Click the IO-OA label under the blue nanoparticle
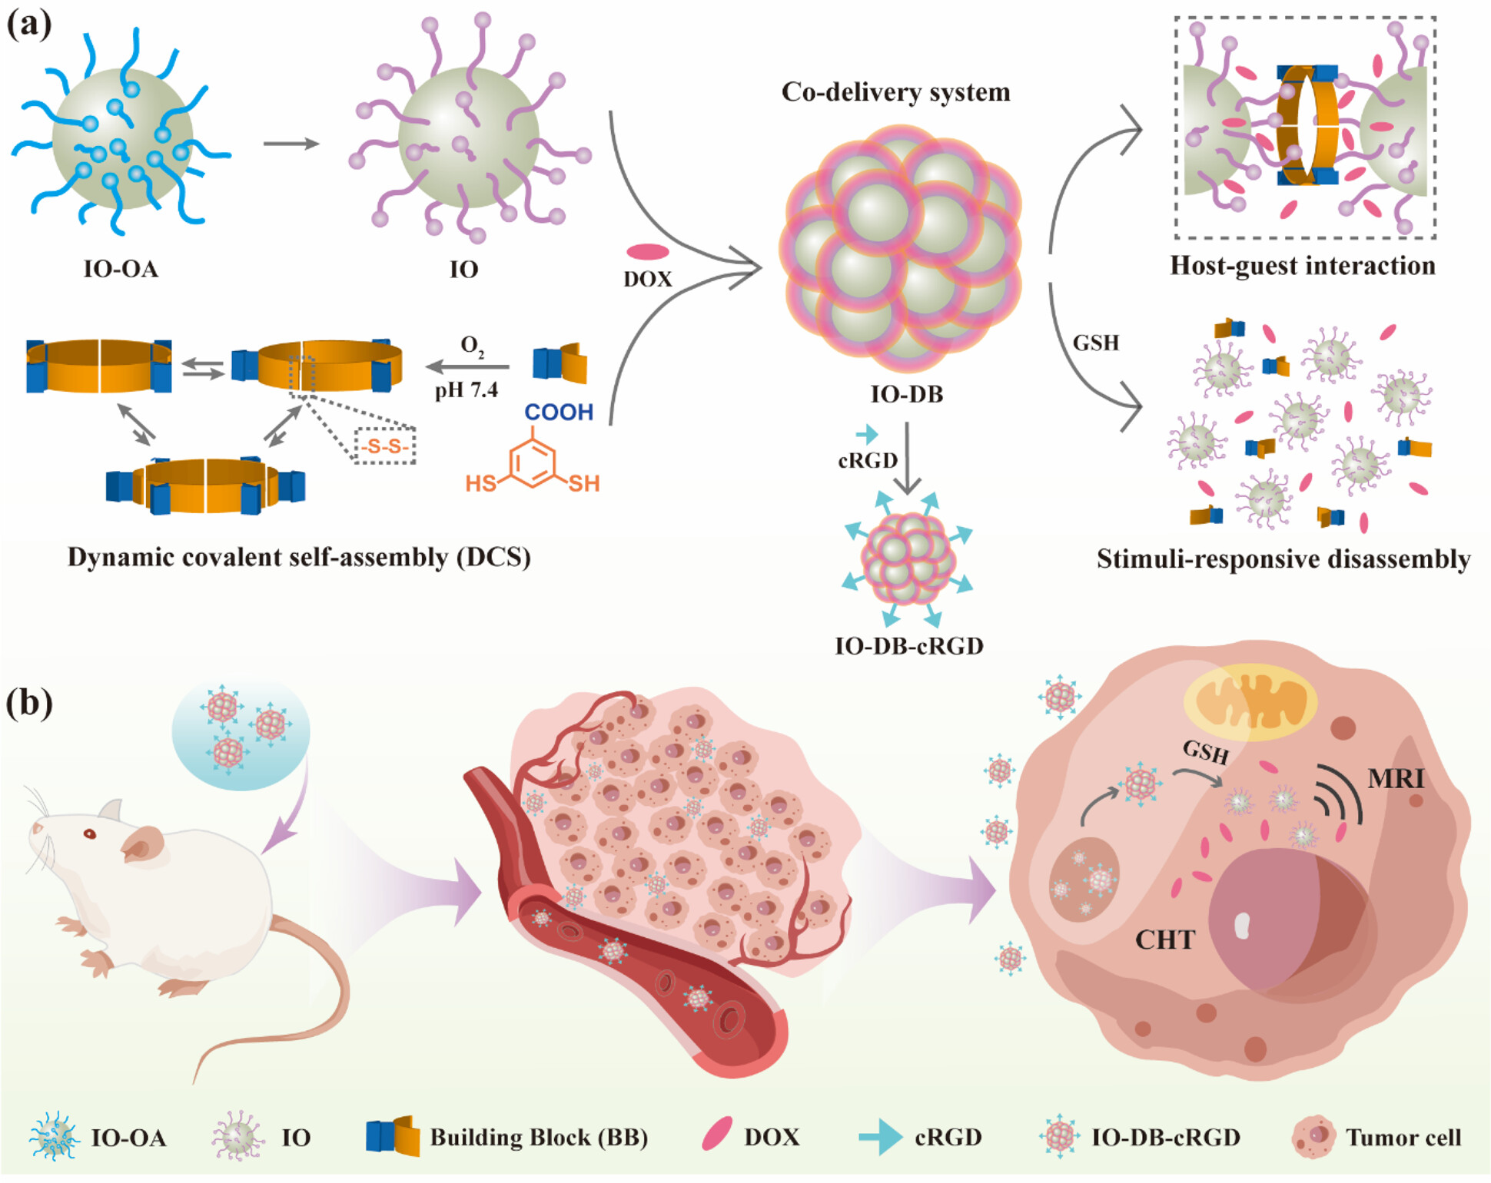tap(121, 269)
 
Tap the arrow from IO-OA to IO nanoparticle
tap(291, 144)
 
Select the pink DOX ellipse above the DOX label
tap(647, 251)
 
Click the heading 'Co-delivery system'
tap(895, 92)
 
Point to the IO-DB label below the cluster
tap(906, 394)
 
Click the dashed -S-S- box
tap(384, 446)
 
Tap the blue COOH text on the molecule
tap(559, 413)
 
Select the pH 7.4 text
tap(467, 390)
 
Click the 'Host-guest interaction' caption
tap(1302, 266)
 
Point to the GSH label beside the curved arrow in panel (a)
tap(1096, 343)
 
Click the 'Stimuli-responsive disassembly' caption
tap(1283, 559)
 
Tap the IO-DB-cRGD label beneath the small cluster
tap(909, 646)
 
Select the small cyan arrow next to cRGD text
tap(867, 434)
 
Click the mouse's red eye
tap(90, 833)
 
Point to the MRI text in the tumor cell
tap(1396, 779)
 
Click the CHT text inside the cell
tap(1165, 940)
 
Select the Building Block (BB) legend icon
tap(393, 1136)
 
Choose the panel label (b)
tap(29, 702)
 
